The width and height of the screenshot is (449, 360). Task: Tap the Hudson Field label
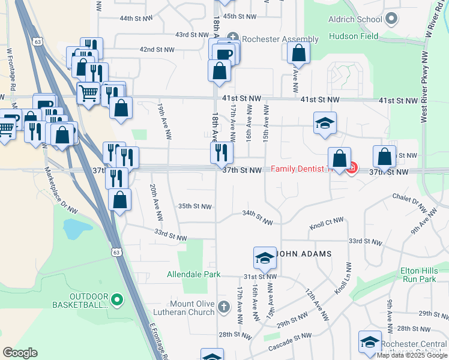point(354,36)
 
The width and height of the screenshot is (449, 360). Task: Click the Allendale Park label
point(194,275)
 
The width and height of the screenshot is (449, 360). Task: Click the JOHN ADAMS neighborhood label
point(304,254)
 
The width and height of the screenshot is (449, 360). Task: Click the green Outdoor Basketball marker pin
point(117,298)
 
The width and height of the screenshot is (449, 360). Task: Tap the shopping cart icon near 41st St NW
point(88,93)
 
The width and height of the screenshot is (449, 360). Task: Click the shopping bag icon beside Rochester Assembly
point(298,53)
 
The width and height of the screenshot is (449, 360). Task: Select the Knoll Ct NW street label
point(327,228)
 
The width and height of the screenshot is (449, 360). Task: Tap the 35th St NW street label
point(195,206)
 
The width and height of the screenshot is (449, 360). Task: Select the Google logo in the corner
point(20,353)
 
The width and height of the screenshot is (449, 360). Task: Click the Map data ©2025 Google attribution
point(411,355)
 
